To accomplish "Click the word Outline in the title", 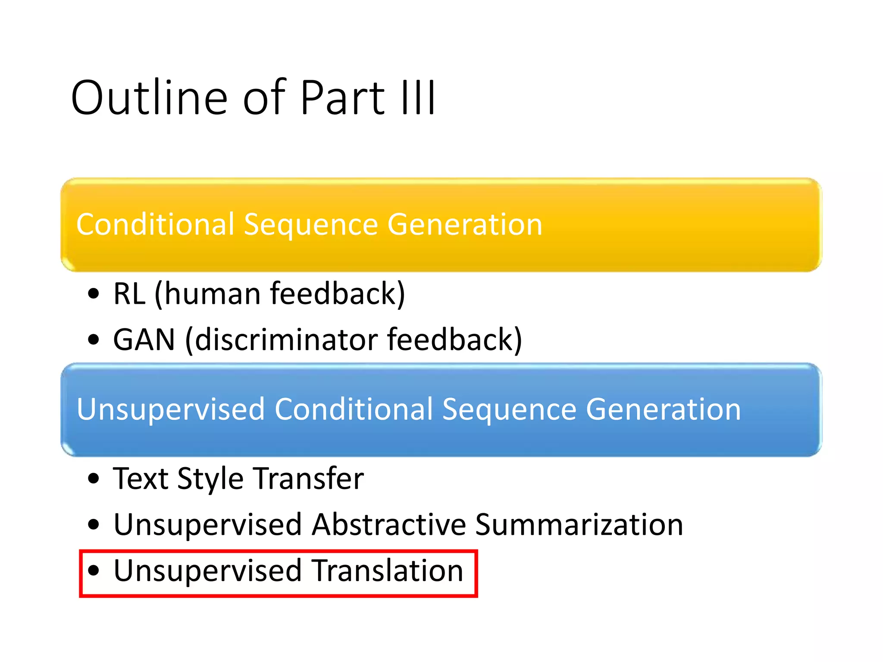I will click(x=149, y=98).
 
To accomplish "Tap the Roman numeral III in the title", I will click(x=418, y=98).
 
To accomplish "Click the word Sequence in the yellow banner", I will click(x=310, y=225).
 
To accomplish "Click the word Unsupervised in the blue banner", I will click(x=170, y=409).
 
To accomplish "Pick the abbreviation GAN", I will click(x=144, y=340).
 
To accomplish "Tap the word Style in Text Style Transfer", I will click(x=210, y=479).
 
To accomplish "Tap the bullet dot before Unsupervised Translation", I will click(x=94, y=571).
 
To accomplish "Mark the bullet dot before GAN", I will click(x=94, y=340).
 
